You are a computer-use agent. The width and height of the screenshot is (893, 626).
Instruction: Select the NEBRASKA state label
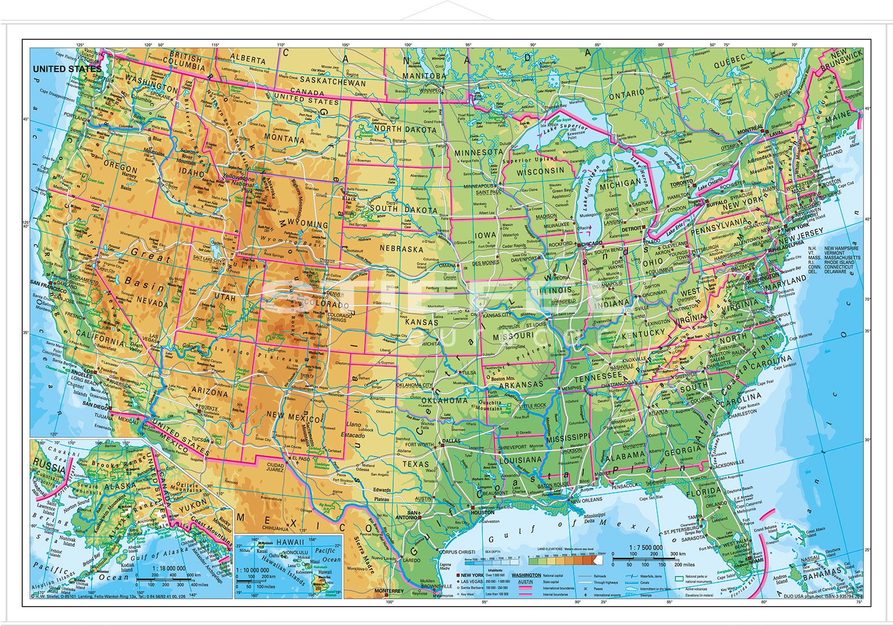coord(402,249)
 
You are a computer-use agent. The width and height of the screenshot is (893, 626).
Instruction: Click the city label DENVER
coord(336,295)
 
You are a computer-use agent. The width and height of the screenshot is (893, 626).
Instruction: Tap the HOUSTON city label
coord(482,512)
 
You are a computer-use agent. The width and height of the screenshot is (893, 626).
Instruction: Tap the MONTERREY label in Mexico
coord(389,591)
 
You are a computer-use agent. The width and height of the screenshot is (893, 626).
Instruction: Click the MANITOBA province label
coord(425,76)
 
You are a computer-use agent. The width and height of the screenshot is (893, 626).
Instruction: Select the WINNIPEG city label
coord(431,90)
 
